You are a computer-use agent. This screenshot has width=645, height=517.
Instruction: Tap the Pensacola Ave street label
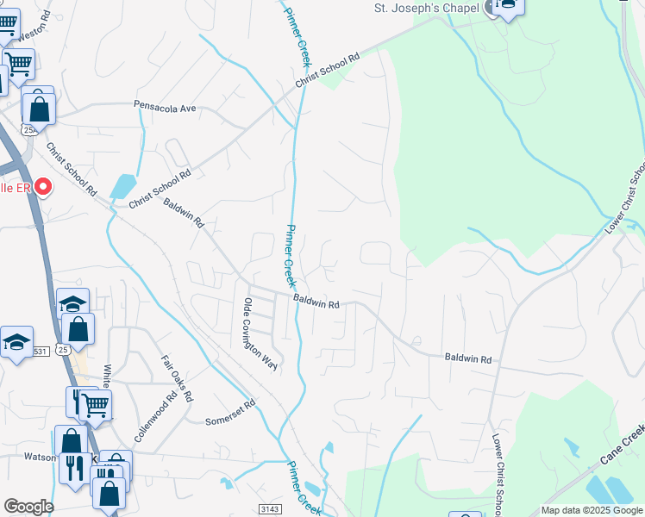click(x=166, y=107)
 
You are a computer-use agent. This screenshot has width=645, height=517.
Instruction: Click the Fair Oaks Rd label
click(x=176, y=379)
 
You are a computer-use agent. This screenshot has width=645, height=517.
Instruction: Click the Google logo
click(x=28, y=507)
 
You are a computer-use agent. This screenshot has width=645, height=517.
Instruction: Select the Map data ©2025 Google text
click(x=592, y=510)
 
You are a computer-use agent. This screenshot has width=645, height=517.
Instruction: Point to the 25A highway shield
click(x=29, y=130)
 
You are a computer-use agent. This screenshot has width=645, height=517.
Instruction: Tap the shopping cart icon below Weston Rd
click(x=18, y=62)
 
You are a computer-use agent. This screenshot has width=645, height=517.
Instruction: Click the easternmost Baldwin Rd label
click(x=467, y=358)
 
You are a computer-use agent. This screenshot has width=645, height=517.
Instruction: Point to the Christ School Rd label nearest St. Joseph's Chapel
click(x=328, y=72)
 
